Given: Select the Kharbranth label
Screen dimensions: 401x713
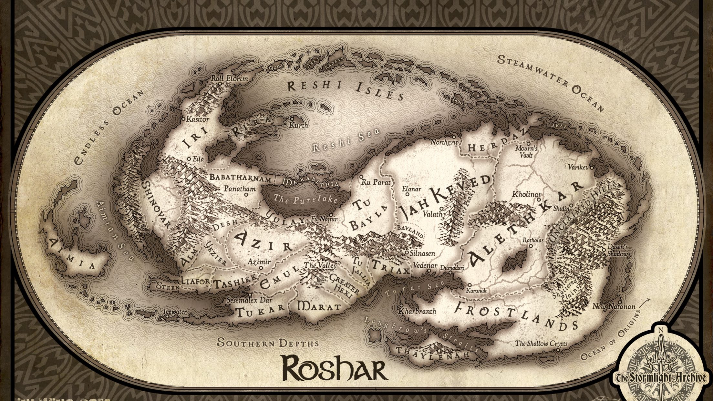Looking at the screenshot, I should point(418,312).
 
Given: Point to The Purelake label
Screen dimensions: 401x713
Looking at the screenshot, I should point(305,200).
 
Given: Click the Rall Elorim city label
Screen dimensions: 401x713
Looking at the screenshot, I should point(229,78).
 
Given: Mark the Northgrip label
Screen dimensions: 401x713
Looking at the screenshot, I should point(444,142).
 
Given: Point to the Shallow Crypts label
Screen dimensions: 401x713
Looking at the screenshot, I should point(541,343).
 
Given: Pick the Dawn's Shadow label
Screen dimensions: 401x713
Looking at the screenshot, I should point(617,250).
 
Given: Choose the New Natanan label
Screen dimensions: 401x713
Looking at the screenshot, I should point(614,306).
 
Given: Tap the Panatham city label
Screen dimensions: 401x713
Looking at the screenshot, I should point(240,189).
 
